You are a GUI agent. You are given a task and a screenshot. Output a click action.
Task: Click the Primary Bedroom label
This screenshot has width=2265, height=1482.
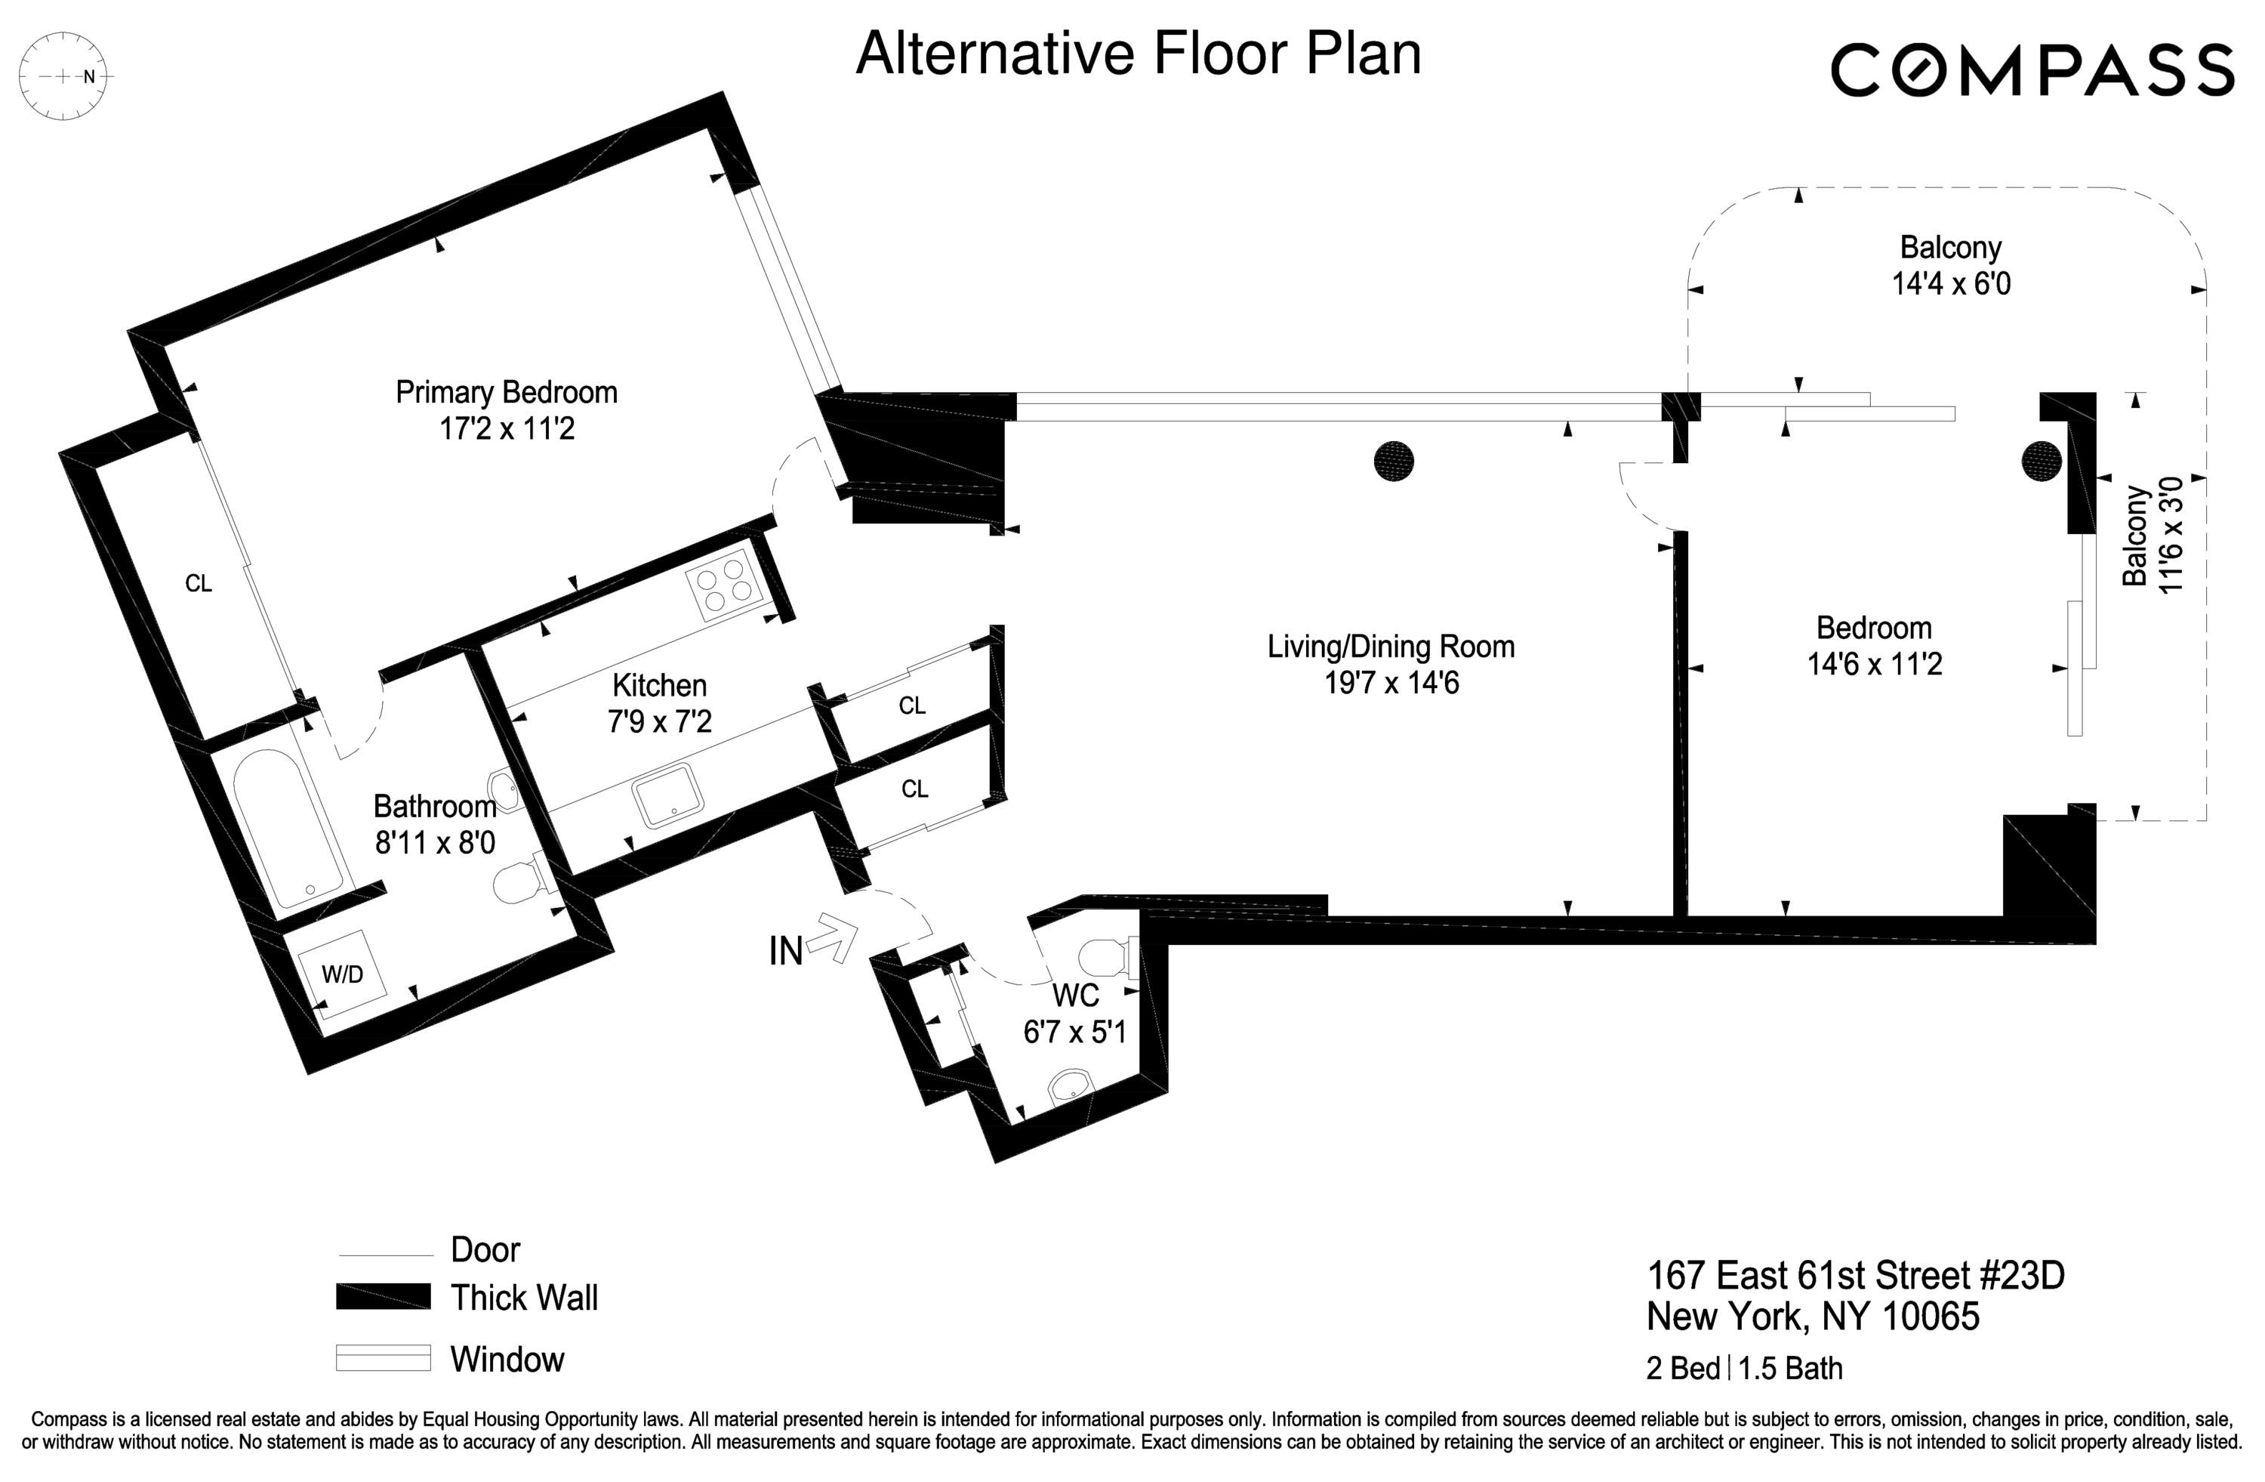point(507,392)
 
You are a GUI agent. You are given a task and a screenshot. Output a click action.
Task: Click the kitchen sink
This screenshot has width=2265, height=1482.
point(668,794)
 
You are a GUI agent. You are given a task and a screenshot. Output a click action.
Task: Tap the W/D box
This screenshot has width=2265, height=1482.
point(342,974)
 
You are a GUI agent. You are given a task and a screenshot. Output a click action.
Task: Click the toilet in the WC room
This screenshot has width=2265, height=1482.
point(1107,959)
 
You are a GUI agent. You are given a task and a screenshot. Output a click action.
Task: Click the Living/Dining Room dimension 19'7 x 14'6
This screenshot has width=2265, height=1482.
point(1391,684)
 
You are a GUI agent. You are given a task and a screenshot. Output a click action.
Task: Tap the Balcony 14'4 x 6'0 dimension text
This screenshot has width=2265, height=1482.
point(1951,284)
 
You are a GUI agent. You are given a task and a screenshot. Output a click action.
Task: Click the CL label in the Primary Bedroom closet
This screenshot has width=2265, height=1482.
point(198,583)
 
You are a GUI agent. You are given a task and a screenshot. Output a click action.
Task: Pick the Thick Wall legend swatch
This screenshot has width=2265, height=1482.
point(383,1296)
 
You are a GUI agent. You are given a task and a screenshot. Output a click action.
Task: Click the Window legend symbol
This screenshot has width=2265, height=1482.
point(383,1357)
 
